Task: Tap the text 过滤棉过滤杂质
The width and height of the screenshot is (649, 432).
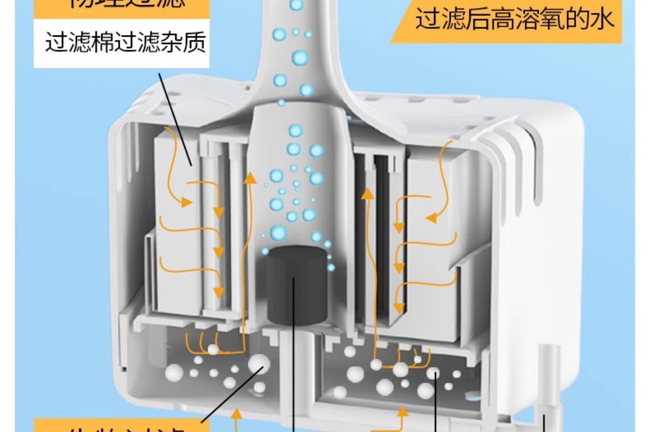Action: [x=125, y=43]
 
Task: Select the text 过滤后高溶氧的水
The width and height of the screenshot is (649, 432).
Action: [x=514, y=19]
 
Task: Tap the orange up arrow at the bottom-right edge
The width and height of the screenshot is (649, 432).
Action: [x=402, y=414]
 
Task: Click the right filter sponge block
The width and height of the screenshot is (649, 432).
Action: [x=428, y=242]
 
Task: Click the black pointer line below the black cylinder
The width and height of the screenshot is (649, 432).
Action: [x=294, y=367]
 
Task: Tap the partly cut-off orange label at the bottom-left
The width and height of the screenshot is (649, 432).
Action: [x=117, y=426]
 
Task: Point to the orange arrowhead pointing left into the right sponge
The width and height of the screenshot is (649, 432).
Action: [x=431, y=218]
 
